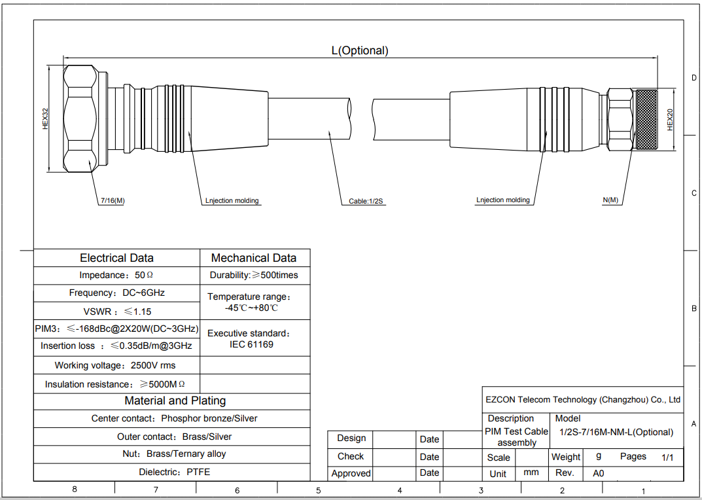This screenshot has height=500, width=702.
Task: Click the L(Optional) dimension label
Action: [360, 50]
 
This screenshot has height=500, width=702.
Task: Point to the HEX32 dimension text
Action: [45, 118]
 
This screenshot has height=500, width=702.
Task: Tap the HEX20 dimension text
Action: [670, 120]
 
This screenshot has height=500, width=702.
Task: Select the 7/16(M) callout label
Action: [113, 201]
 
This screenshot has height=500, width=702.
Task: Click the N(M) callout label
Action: [610, 200]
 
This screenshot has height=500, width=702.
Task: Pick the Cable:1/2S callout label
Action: [366, 201]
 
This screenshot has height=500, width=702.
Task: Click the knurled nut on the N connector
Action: [646, 120]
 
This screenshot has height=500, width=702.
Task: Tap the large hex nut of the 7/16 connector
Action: [80, 118]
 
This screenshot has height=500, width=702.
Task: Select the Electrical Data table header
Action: [116, 258]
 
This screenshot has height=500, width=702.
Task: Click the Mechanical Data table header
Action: [254, 258]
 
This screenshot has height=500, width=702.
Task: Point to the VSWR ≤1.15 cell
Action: [117, 312]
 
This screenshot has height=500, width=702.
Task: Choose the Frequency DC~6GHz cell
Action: [117, 293]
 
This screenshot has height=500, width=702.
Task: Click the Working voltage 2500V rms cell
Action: [115, 365]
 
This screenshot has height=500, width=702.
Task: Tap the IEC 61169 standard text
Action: [251, 344]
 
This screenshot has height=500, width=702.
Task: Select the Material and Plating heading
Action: [175, 401]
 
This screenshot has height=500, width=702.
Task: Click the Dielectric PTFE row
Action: [174, 472]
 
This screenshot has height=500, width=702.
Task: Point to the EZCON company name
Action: [583, 400]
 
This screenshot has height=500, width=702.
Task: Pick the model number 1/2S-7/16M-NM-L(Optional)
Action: [616, 433]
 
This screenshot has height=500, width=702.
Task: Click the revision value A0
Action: [599, 473]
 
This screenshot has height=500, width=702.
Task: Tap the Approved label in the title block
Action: [351, 473]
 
